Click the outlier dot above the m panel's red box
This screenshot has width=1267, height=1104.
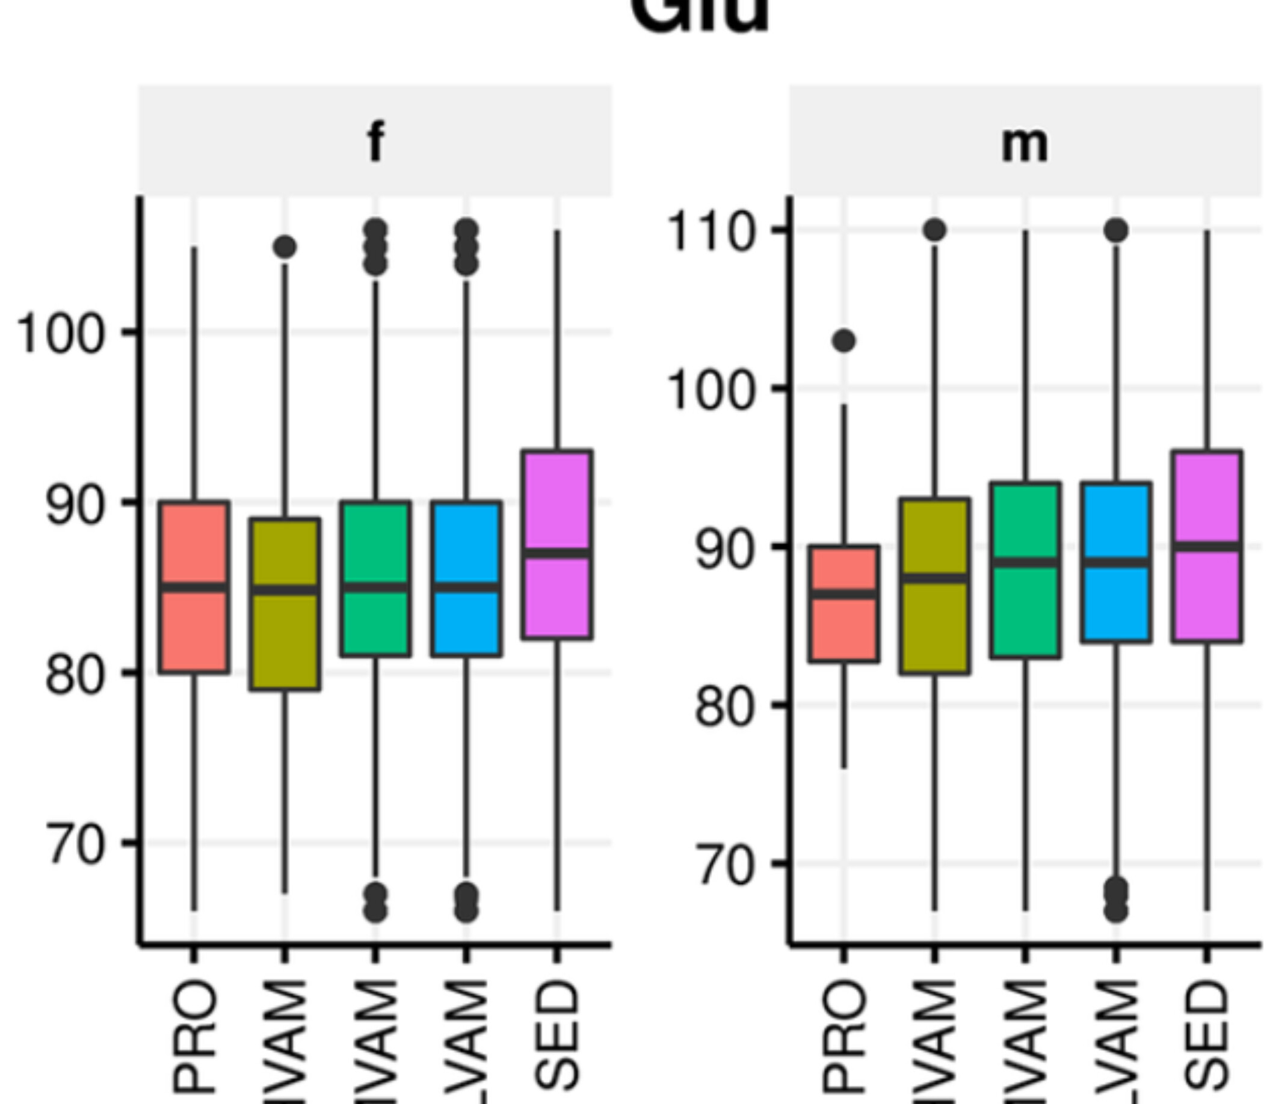(x=844, y=341)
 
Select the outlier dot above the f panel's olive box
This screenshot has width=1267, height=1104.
(x=285, y=248)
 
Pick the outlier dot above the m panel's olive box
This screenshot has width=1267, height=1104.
(x=935, y=230)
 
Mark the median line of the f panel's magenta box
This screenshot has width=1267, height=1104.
(x=557, y=553)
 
